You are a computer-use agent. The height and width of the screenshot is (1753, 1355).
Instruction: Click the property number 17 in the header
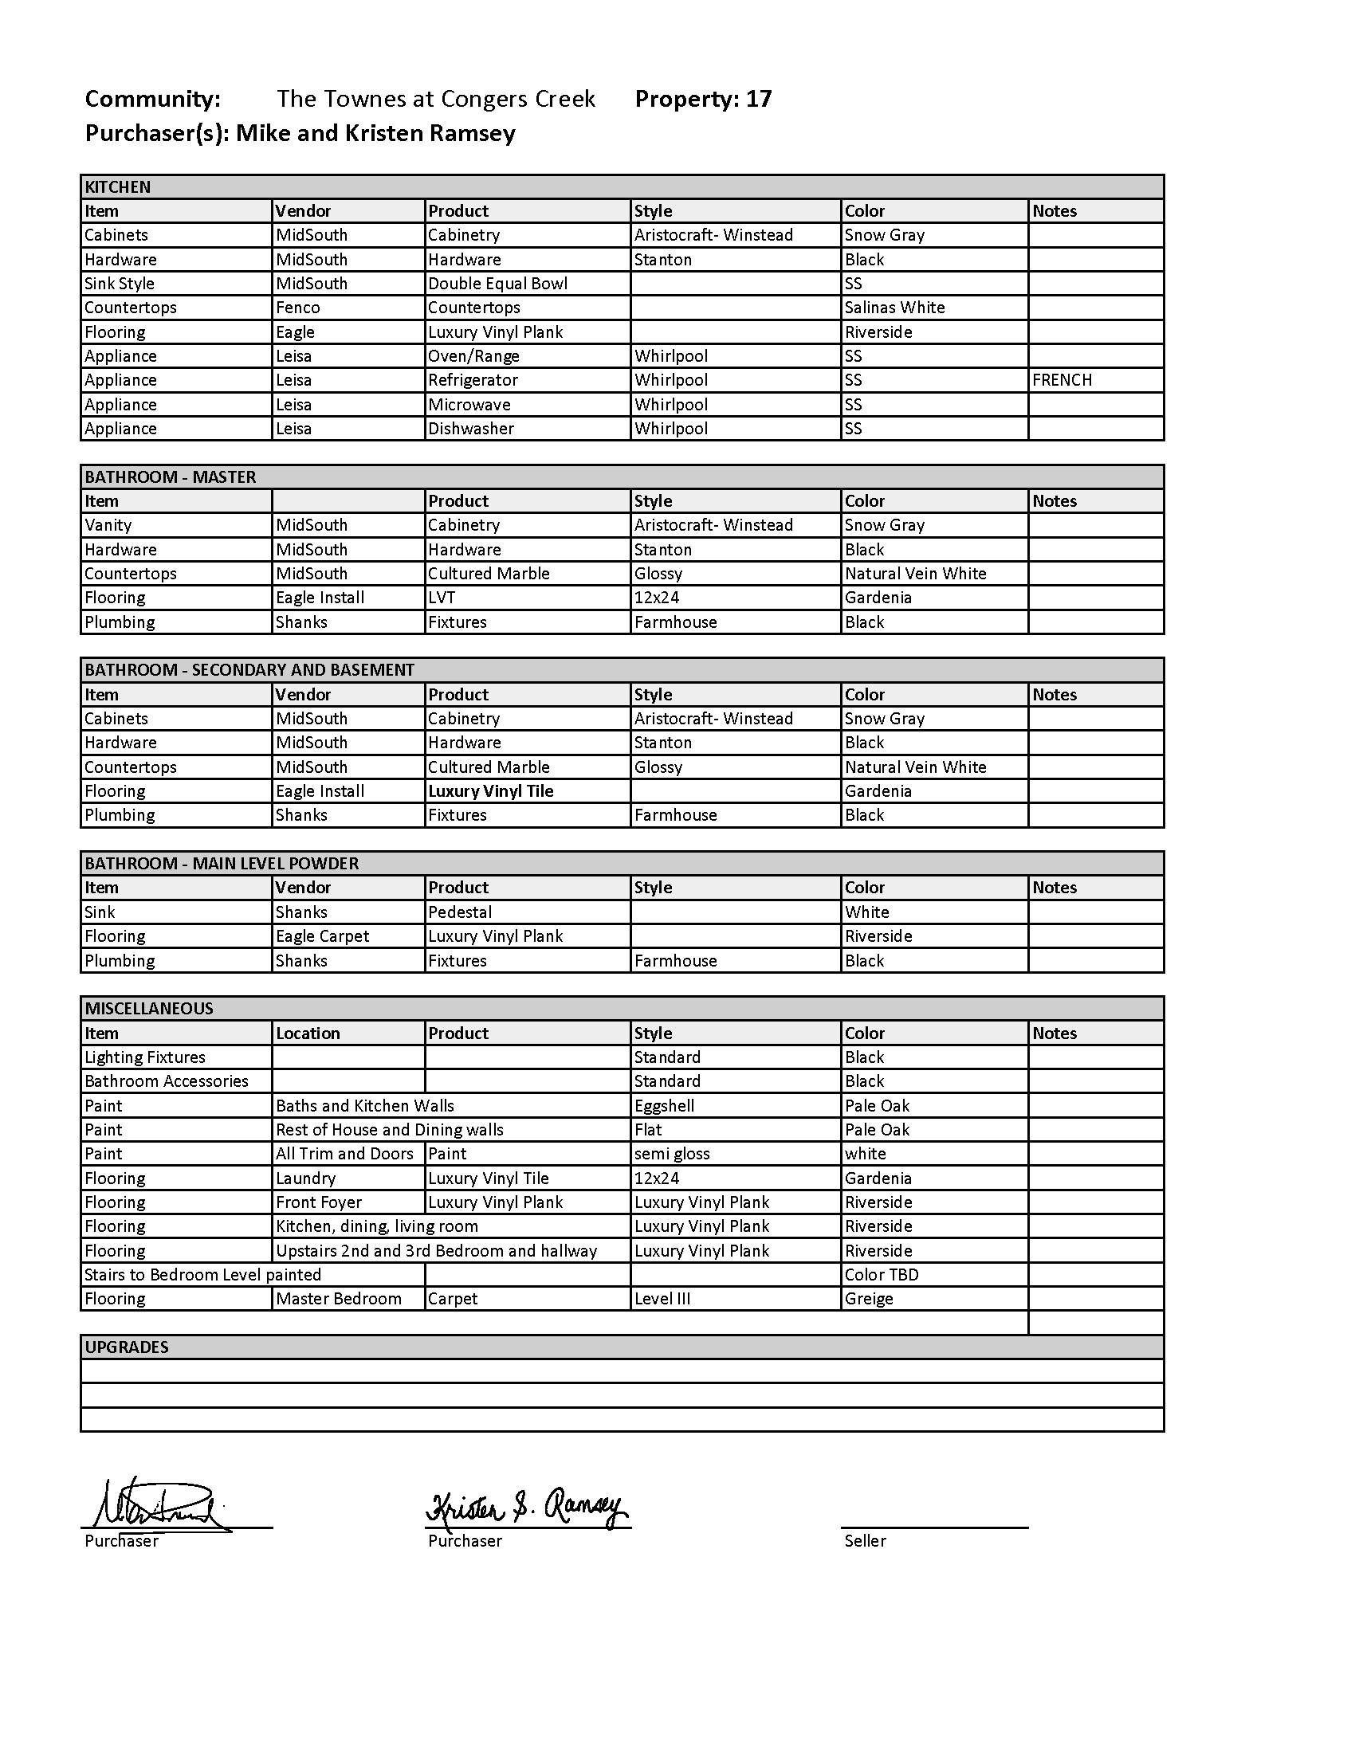click(x=759, y=99)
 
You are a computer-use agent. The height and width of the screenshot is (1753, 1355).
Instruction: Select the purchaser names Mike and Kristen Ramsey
click(x=375, y=133)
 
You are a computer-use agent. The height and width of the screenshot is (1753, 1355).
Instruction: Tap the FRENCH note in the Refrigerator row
click(x=1061, y=380)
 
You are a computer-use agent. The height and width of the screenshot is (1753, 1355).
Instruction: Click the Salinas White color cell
click(x=894, y=308)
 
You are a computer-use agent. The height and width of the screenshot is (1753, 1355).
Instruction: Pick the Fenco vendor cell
click(x=298, y=308)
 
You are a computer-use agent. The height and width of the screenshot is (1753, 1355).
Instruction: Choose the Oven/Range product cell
click(x=473, y=356)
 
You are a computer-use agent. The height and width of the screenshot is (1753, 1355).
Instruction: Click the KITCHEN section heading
click(x=118, y=187)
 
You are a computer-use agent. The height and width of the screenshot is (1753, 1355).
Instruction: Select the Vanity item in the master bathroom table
click(x=108, y=525)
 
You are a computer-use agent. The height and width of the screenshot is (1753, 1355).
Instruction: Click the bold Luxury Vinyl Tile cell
click(x=490, y=791)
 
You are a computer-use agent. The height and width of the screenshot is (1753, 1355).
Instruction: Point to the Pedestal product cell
click(x=459, y=912)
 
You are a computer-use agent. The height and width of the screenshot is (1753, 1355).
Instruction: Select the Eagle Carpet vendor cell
click(x=322, y=936)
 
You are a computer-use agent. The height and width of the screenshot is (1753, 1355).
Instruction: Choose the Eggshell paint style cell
click(x=664, y=1105)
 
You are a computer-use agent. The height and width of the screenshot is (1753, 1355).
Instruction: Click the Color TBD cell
click(x=882, y=1275)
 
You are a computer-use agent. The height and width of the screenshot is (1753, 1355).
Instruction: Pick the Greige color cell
click(x=869, y=1299)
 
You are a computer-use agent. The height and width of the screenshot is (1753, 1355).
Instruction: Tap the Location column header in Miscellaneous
click(x=308, y=1033)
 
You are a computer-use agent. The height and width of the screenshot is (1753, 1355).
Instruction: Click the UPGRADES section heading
click(x=127, y=1347)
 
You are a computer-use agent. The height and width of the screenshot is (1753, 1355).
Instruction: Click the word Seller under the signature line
click(x=865, y=1541)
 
